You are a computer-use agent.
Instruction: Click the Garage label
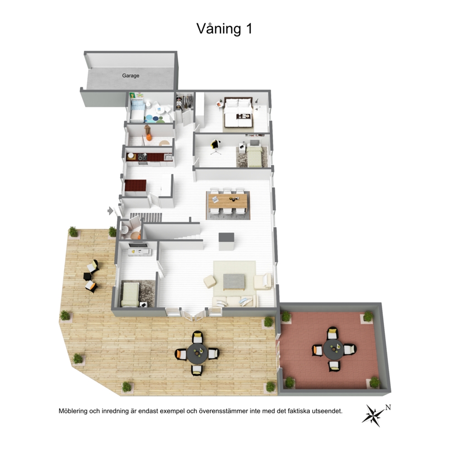click(131, 76)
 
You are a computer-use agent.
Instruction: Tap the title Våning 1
click(225, 29)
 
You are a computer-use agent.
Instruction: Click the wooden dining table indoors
click(228, 201)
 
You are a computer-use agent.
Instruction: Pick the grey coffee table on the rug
click(234, 281)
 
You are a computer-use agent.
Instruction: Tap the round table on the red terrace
click(334, 350)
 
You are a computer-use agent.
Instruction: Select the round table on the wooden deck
click(197, 353)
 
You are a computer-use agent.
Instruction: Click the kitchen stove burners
click(142, 157)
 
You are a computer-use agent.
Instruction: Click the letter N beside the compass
click(388, 407)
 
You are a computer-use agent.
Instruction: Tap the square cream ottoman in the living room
click(210, 282)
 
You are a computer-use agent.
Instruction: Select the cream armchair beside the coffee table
click(262, 282)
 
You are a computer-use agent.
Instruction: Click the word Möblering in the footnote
click(73, 411)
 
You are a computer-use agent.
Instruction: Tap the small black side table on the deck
click(87, 276)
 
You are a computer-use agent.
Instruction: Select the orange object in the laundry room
click(149, 137)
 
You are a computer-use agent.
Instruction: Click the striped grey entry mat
click(146, 217)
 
